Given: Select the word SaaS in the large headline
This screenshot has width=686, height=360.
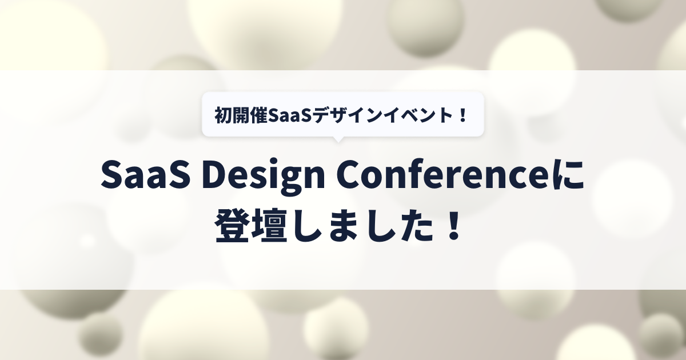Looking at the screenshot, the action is (145, 174).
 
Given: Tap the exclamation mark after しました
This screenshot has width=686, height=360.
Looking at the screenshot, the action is (453, 225).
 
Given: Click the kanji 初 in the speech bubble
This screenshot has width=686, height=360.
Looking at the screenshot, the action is (223, 115).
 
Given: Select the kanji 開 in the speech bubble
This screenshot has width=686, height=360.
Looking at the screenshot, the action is (241, 115).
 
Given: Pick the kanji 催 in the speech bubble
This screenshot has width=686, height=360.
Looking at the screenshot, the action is (258, 115).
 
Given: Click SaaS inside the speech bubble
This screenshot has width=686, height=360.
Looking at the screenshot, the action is (290, 115).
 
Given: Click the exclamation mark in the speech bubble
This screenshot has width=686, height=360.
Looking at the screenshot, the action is (462, 115).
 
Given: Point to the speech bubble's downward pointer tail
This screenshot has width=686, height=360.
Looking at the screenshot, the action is (338, 139).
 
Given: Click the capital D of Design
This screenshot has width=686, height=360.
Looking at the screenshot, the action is (216, 174).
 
